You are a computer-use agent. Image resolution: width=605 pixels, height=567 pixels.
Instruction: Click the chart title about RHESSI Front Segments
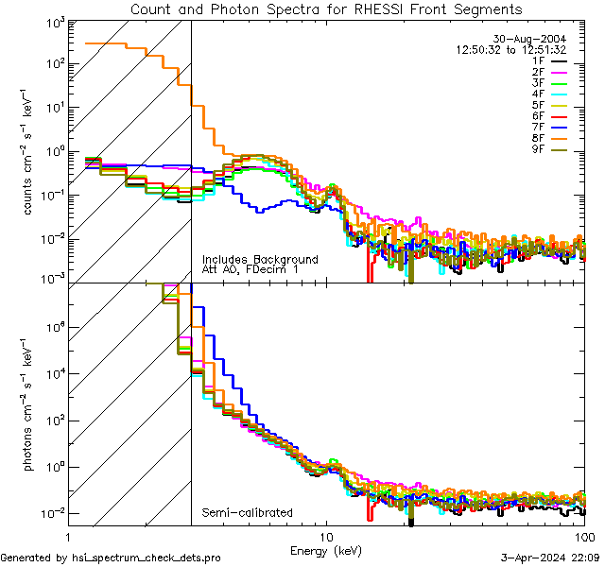pos(326,9)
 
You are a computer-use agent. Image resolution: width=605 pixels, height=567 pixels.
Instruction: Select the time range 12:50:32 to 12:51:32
pos(510,50)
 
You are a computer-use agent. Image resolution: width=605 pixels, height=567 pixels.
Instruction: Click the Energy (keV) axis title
pos(326,550)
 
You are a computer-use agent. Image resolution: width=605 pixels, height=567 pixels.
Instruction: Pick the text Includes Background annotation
pos(260,260)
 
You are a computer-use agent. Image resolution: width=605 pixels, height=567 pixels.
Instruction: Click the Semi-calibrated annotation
pos(247,513)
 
